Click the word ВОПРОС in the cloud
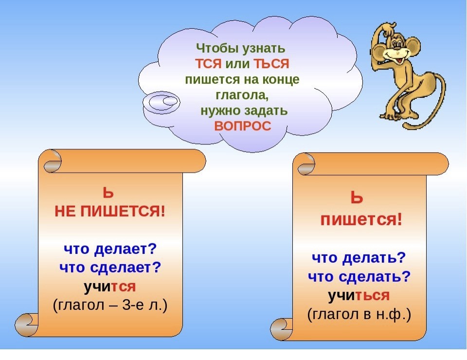click(x=243, y=126)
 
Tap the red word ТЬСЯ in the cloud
click(x=271, y=64)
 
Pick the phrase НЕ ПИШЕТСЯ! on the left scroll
click(x=109, y=212)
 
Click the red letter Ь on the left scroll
click(x=108, y=193)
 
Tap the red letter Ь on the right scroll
click(x=357, y=198)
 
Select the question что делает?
click(x=110, y=248)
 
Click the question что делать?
click(x=359, y=257)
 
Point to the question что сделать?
click(x=359, y=276)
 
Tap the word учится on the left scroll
click(x=109, y=287)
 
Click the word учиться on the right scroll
click(x=359, y=295)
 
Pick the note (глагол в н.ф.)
click(x=359, y=315)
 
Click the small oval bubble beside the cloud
click(x=161, y=102)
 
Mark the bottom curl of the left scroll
click(x=27, y=325)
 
